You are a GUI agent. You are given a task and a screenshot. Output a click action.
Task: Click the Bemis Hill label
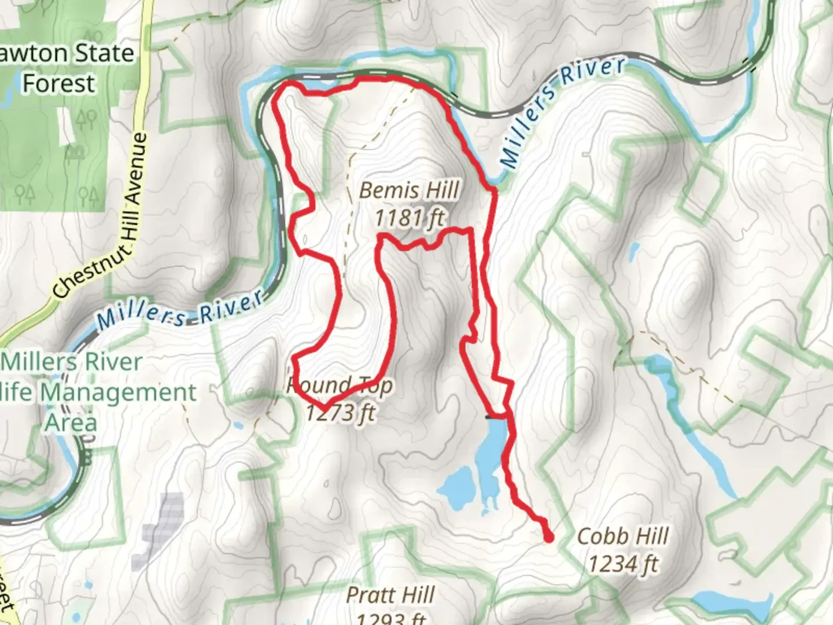click(x=410, y=190)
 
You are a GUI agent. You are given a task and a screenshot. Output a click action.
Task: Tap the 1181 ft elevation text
click(x=410, y=218)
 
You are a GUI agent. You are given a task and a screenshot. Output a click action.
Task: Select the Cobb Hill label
click(x=622, y=536)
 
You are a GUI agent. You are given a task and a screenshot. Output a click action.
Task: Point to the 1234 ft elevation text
click(x=622, y=563)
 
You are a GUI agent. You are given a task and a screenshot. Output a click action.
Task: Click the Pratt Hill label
click(x=390, y=595)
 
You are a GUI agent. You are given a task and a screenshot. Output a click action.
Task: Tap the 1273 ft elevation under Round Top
click(x=340, y=413)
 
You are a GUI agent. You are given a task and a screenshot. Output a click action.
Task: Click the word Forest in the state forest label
click(x=58, y=83)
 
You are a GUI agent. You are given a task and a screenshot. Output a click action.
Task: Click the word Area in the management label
click(x=71, y=422)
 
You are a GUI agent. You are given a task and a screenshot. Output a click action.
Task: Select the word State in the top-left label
click(x=104, y=53)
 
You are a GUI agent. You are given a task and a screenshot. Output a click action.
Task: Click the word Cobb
click(x=602, y=536)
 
